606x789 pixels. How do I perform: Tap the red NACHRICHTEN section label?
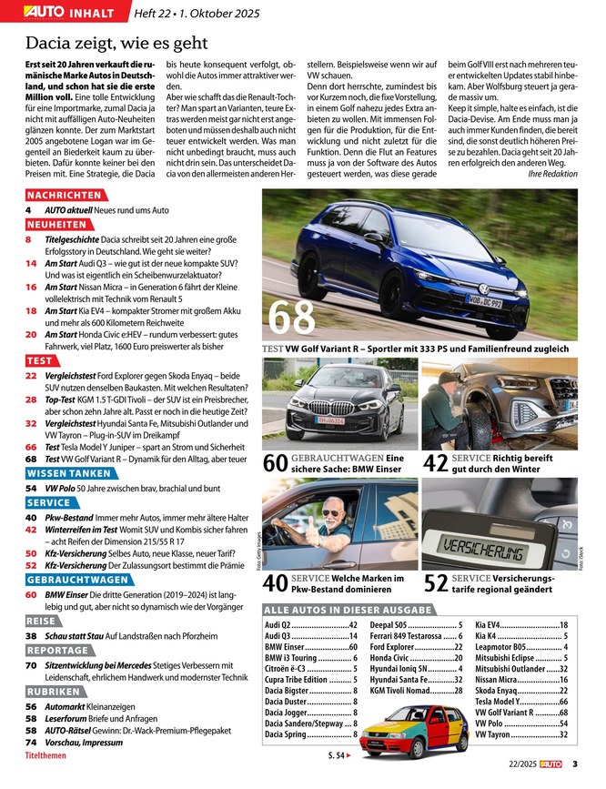64,196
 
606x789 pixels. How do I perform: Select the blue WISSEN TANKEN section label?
69,473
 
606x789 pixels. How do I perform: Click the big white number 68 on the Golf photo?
292,316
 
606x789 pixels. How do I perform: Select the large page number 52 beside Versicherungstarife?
435,583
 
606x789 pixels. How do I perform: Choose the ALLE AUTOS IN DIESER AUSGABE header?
347,609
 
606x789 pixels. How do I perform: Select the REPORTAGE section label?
57,651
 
